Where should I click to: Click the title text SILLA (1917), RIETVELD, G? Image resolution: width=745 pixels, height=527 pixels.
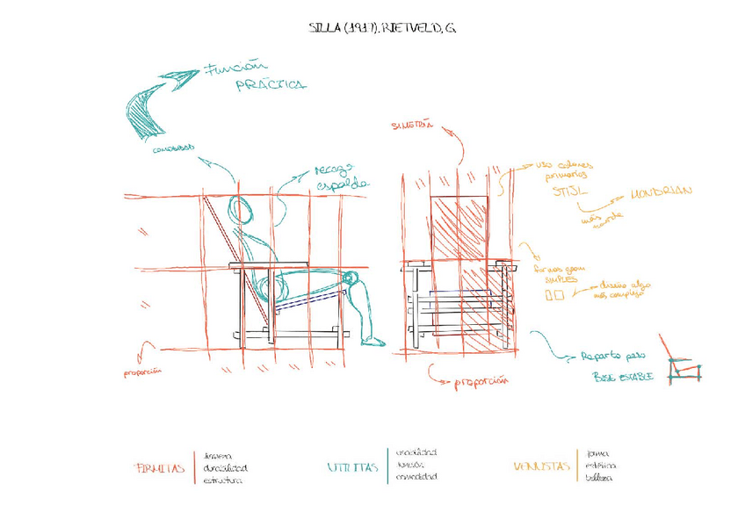pyautogui.click(x=382, y=28)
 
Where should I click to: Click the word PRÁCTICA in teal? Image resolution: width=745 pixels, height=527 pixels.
pyautogui.click(x=271, y=85)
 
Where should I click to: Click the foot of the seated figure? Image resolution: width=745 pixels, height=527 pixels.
pyautogui.click(x=372, y=340)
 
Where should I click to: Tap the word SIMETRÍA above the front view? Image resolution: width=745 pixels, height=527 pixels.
pyautogui.click(x=412, y=126)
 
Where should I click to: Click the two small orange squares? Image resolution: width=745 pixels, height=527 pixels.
pyautogui.click(x=554, y=296)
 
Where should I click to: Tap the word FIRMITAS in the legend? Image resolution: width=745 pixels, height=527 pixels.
pyautogui.click(x=161, y=469)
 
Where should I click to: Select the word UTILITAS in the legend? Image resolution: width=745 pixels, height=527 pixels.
pyautogui.click(x=352, y=467)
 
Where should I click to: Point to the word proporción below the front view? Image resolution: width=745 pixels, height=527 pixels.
pyautogui.click(x=483, y=382)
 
